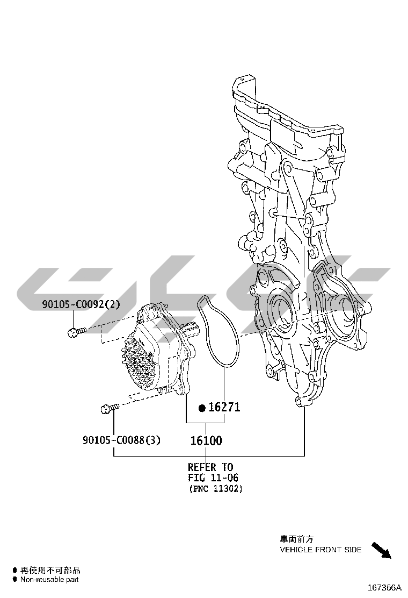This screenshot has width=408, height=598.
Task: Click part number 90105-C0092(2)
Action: coord(81,304)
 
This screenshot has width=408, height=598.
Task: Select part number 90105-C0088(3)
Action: coord(121,440)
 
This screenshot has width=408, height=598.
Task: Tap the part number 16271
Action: coord(224,407)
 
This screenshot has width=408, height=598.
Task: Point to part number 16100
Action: coord(206,441)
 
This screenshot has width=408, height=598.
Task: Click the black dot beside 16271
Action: coord(202,408)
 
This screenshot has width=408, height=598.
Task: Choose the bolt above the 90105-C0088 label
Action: coord(108,409)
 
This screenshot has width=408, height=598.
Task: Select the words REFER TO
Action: coord(210,467)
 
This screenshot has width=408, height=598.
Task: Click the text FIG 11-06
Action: coord(213,478)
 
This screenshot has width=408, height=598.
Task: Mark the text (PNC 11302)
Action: coord(216,489)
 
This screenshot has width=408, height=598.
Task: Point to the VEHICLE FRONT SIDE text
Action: coord(320,550)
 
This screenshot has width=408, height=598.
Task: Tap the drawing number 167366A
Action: coord(384,587)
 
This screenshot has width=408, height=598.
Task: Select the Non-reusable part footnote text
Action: coord(49,580)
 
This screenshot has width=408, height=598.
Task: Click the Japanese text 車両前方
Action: coord(296,538)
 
